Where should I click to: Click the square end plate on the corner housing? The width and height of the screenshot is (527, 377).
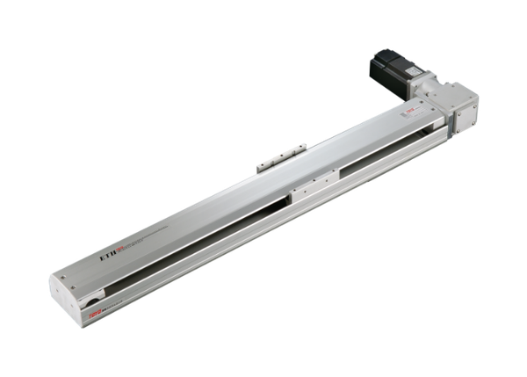465,107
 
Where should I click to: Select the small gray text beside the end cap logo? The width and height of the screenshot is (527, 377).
110,305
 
